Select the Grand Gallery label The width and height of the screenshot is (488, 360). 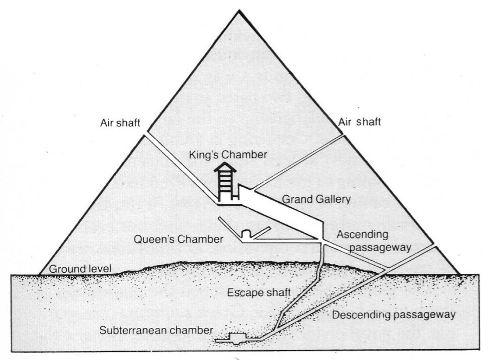316,199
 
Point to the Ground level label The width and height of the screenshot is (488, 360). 80,268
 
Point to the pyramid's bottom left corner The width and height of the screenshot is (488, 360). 39,274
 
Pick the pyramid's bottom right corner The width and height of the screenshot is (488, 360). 460,274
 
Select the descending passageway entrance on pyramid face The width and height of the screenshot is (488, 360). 434,246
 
